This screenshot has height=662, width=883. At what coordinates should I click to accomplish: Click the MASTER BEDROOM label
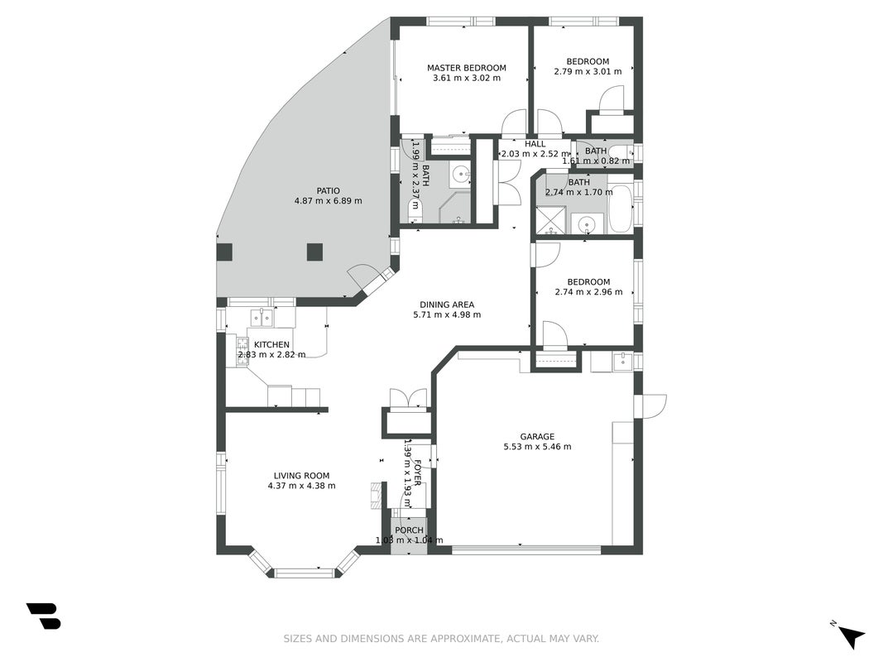[x=466, y=68]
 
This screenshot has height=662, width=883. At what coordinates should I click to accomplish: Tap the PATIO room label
[x=328, y=191]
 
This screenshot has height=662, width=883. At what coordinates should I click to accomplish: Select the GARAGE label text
[x=537, y=436]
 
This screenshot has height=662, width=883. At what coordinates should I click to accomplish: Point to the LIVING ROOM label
[x=301, y=476]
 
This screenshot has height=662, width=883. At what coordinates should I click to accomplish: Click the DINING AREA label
[x=447, y=305]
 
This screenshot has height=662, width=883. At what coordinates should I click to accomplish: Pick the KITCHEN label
[x=271, y=344]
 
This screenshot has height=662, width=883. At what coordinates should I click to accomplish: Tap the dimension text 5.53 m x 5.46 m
[x=537, y=447]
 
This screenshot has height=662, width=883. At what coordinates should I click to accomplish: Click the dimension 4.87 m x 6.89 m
[x=328, y=201]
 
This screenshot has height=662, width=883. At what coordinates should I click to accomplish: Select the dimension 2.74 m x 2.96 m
[x=588, y=292]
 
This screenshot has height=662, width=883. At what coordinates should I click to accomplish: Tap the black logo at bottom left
[x=44, y=616]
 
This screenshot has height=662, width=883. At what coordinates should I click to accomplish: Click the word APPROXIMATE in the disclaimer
[x=464, y=638]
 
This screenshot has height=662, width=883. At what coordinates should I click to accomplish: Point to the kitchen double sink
[x=262, y=318]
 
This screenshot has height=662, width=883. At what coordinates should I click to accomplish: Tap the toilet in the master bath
[x=415, y=211]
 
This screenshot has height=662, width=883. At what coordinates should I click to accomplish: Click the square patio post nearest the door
[x=314, y=252]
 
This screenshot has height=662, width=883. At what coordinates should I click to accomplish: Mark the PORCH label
[x=409, y=530]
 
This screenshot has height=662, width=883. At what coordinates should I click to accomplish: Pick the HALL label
[x=535, y=144]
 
